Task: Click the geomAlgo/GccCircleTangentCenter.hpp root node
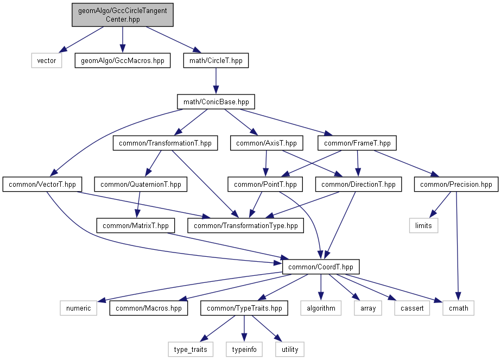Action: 122,15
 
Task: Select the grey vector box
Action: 47,60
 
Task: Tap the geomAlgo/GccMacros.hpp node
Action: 122,60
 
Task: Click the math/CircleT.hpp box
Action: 216,60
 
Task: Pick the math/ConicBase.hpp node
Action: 216,102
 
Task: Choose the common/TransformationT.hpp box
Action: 165,143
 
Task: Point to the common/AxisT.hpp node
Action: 267,143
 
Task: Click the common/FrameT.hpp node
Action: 357,143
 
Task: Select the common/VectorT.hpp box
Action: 42,184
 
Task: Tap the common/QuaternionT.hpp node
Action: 141,184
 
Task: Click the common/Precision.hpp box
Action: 456,184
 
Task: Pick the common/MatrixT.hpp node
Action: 136,225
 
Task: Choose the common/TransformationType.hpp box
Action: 246,225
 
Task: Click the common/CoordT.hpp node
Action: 321,267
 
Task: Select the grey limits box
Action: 424,225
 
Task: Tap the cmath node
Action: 459,308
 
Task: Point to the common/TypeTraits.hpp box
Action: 244,308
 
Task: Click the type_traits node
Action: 191,349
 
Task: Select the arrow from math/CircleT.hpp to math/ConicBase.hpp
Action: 216,81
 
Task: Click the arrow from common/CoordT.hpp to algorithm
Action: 321,287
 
